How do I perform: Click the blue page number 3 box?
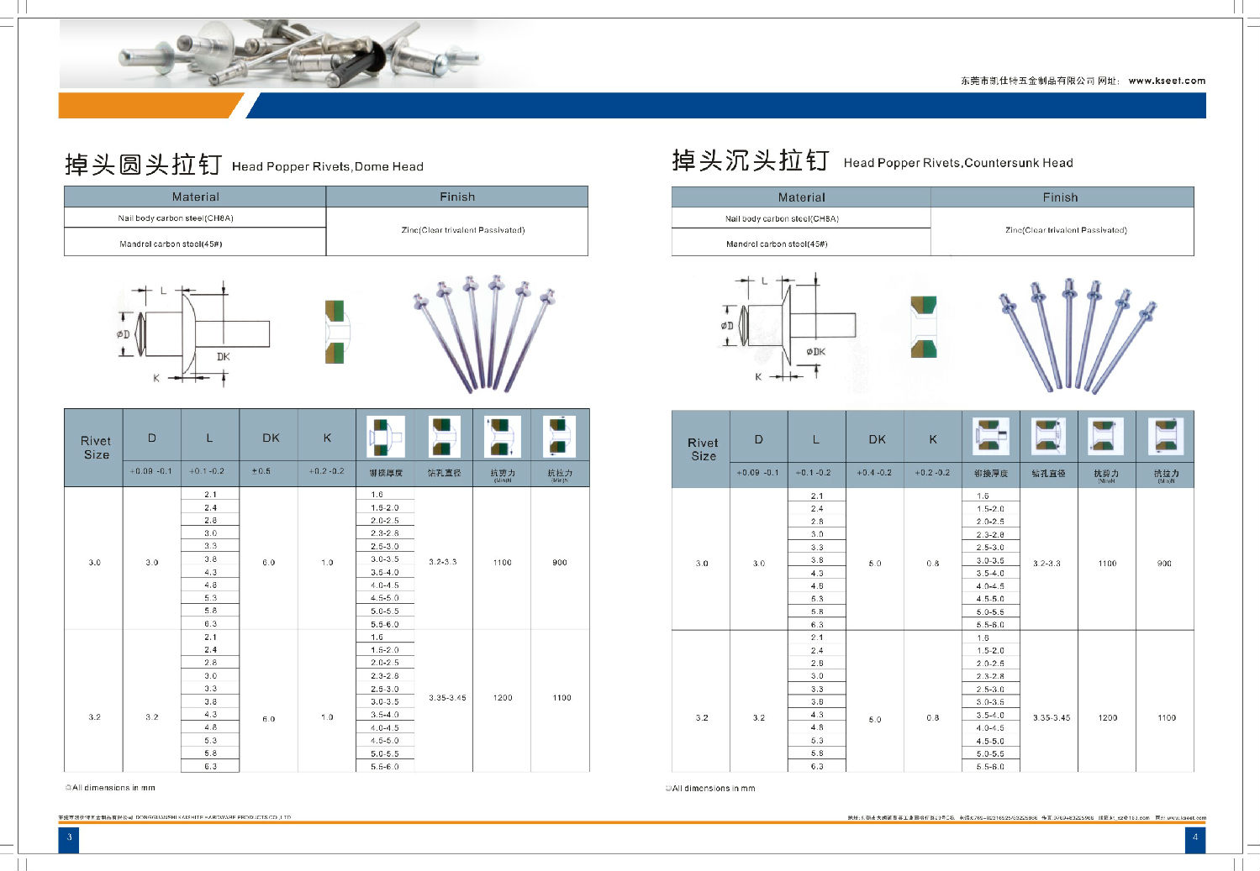(69, 837)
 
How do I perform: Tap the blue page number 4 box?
(1194, 837)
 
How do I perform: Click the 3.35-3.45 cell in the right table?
(1051, 718)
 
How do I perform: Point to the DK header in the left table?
(270, 438)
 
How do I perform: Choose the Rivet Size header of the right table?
(703, 449)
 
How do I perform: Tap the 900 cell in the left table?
(560, 562)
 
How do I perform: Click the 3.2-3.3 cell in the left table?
(443, 562)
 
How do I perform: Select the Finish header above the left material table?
(457, 197)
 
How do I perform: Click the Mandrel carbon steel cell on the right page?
(777, 244)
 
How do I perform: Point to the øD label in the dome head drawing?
(124, 334)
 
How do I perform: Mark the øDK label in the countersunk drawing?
(815, 352)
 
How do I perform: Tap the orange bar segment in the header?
(147, 106)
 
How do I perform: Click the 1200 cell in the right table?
(1107, 718)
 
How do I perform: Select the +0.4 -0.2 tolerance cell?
(874, 473)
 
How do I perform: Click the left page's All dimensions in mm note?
(111, 788)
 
